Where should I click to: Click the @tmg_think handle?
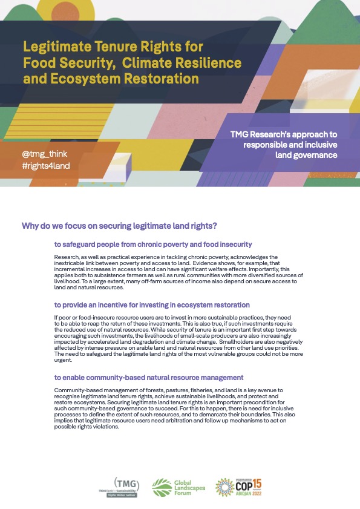[x=43, y=154]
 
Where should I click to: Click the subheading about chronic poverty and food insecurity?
[x=152, y=244]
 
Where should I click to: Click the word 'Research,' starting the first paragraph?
[x=66, y=257]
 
